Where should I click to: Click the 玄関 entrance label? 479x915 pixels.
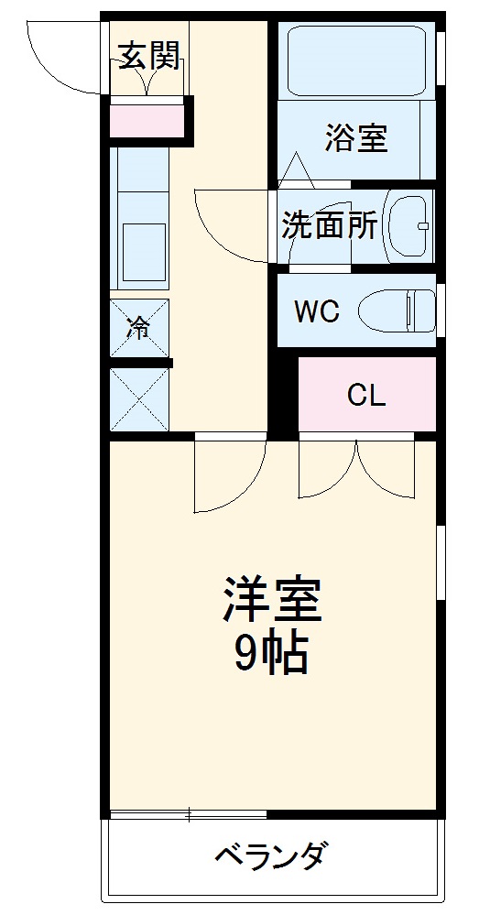(147, 58)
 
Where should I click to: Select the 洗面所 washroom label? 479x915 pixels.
(329, 226)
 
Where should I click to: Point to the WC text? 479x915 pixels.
(317, 311)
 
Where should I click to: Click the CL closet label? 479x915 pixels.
(366, 395)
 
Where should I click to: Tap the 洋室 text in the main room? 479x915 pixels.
(272, 601)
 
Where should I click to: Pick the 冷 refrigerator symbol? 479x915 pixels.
(138, 328)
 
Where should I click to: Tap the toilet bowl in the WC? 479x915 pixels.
(397, 311)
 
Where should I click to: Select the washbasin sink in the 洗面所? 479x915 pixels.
(408, 225)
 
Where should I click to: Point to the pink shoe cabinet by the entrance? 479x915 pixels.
(147, 119)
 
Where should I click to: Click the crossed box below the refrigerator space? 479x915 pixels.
(139, 399)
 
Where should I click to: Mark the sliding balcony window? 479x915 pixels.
(189, 813)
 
